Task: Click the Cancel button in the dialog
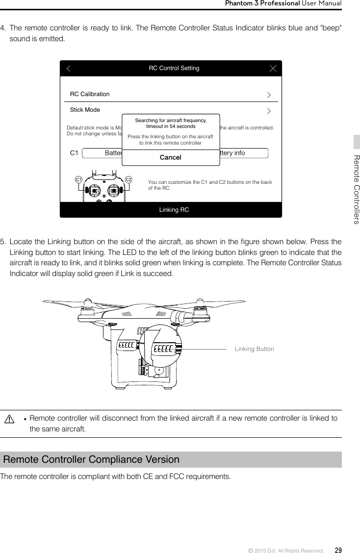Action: click(170, 157)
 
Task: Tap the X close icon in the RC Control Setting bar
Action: click(273, 68)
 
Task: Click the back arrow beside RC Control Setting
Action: click(69, 68)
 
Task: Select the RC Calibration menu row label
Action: click(90, 94)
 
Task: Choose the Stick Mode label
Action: click(85, 110)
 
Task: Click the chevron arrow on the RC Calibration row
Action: click(268, 94)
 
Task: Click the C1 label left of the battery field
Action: click(74, 153)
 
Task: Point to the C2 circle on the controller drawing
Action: click(129, 179)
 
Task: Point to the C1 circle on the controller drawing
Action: click(78, 179)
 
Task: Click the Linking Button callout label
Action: click(254, 349)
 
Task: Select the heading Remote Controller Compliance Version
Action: click(92, 460)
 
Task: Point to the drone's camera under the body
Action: click(158, 371)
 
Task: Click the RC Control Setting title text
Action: click(174, 68)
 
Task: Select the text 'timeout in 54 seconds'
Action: click(171, 126)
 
